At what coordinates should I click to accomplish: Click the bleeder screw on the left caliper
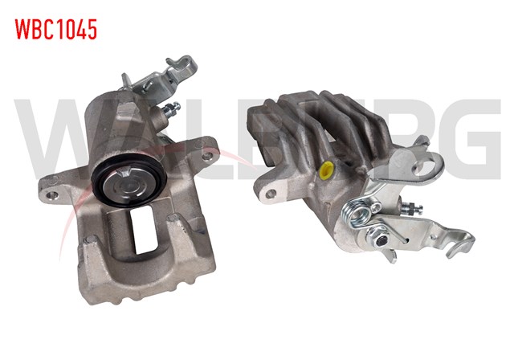(x=168, y=110)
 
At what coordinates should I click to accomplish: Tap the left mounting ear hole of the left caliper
(x=52, y=194)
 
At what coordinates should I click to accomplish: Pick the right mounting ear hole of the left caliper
(x=207, y=156)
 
